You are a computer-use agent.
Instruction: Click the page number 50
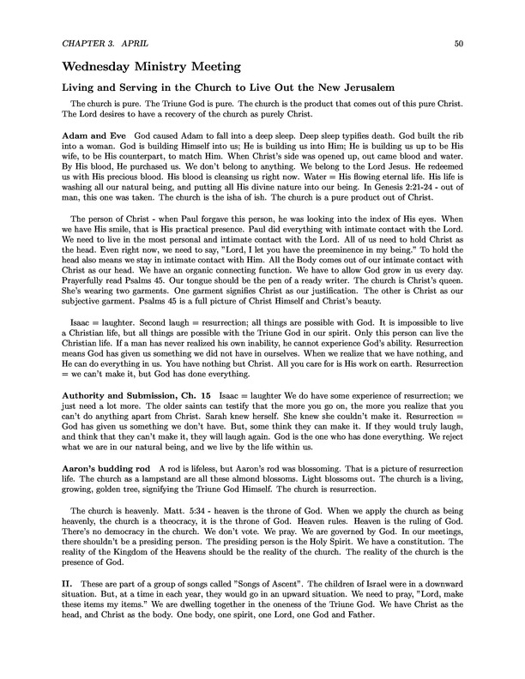click(459, 42)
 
